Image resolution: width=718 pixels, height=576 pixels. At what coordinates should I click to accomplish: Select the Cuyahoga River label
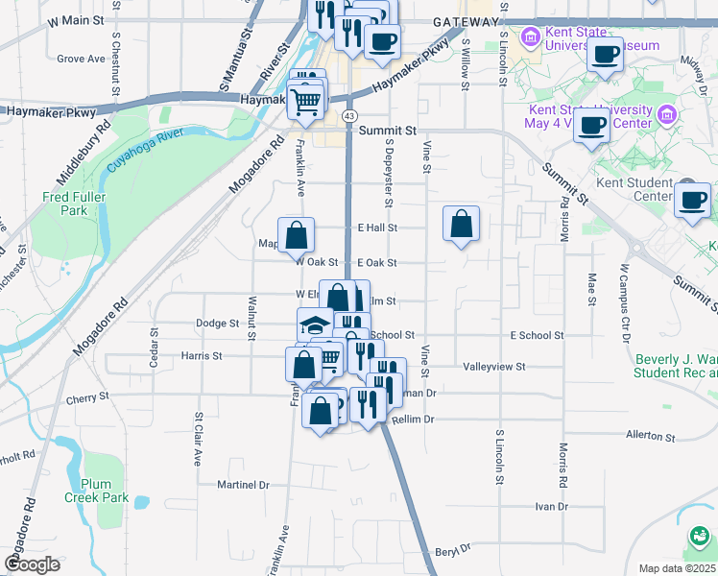[145, 151]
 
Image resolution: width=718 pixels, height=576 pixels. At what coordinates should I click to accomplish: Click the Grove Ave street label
[81, 59]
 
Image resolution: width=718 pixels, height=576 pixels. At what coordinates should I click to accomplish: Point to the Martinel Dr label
[243, 485]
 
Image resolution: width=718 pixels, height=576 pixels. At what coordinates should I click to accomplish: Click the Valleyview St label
[493, 367]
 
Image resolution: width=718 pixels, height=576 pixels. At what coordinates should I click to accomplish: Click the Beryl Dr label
[452, 551]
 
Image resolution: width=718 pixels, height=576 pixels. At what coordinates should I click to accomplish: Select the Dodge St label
[216, 324]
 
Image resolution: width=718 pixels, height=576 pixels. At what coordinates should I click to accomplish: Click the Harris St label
[202, 355]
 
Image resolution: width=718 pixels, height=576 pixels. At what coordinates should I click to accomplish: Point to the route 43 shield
[350, 115]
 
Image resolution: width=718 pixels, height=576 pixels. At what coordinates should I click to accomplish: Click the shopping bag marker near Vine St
[462, 224]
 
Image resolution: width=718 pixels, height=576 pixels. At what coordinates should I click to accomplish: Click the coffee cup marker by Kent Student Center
[692, 199]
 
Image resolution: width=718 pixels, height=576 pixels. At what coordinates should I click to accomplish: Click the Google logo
[32, 564]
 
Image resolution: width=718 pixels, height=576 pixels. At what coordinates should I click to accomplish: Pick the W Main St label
[73, 19]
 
